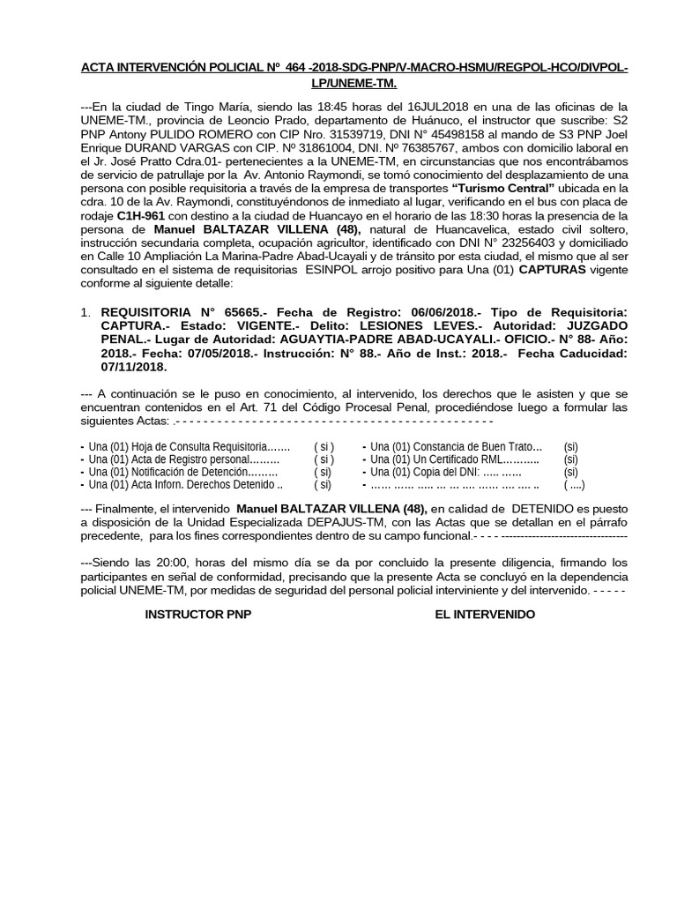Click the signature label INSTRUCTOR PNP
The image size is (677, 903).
coord(197,614)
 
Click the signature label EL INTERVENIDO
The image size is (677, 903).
coord(484,614)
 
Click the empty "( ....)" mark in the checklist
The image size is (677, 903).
coord(574,484)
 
